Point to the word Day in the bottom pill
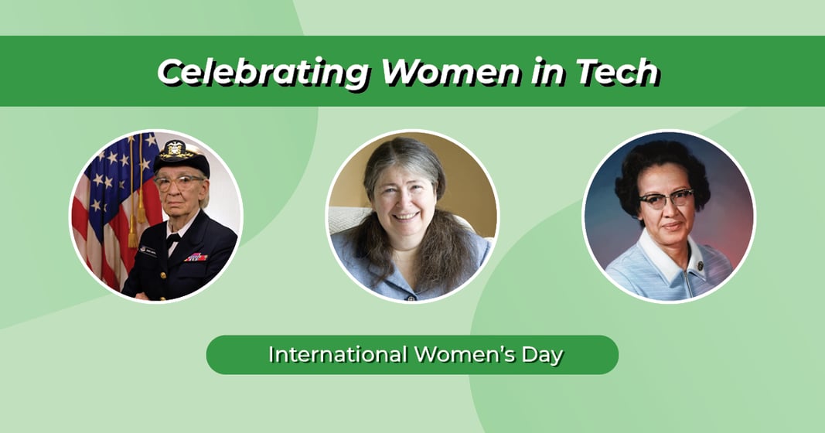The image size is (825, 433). (x=540, y=355)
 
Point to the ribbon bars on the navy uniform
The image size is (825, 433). (x=196, y=257)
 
